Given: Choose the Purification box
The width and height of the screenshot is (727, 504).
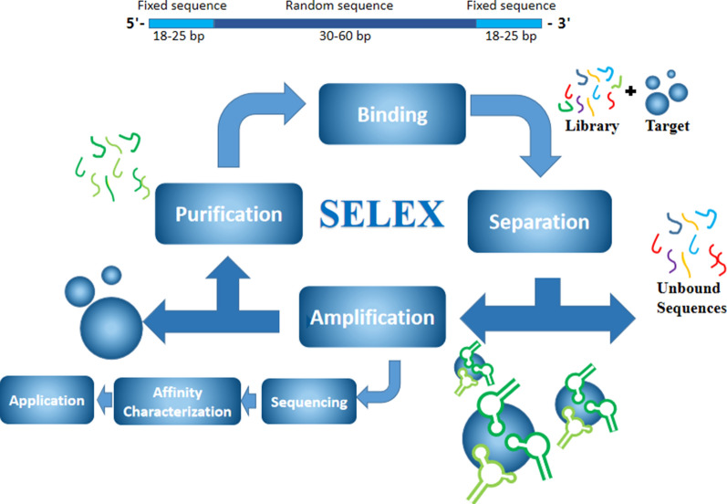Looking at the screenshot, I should (x=228, y=215).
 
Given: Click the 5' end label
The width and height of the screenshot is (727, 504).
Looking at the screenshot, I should (x=132, y=23).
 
